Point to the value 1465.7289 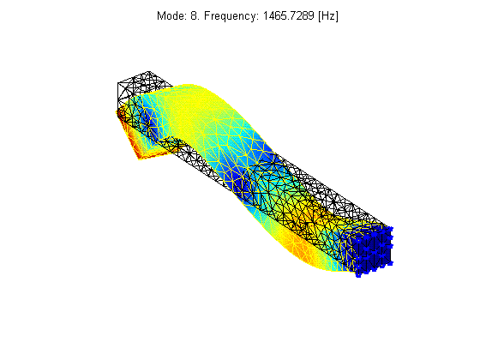(x=289, y=15)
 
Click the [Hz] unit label (x=328, y=16)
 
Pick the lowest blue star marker (x=358, y=275)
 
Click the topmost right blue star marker (x=390, y=229)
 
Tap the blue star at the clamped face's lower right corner (x=390, y=262)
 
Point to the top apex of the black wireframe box (x=149, y=72)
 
